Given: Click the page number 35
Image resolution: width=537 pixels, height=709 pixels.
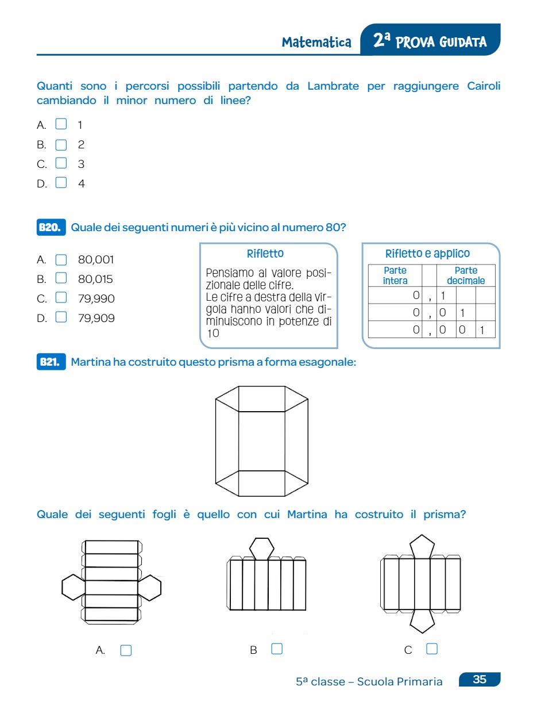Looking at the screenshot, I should click(x=480, y=680).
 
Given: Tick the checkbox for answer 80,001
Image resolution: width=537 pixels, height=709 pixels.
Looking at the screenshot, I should click(x=61, y=260).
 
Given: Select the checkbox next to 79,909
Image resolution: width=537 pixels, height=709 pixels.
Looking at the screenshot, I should click(x=61, y=317).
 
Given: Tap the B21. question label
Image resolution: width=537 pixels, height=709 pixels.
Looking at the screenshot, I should click(x=51, y=362).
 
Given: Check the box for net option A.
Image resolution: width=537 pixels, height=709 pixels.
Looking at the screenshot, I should click(x=126, y=650).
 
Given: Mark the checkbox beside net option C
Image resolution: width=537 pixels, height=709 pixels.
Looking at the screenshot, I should click(x=432, y=649).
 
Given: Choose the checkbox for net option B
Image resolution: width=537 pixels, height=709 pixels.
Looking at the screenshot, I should click(x=277, y=649).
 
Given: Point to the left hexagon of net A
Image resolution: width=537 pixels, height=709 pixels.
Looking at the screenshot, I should click(x=73, y=588).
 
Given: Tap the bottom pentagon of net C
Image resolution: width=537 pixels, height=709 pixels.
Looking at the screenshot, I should click(x=422, y=620).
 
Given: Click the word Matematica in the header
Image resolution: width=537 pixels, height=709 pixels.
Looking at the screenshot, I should click(x=316, y=43).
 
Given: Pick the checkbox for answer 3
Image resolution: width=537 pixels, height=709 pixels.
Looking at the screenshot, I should click(x=61, y=163).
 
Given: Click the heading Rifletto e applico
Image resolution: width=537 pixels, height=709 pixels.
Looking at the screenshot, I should click(x=427, y=254).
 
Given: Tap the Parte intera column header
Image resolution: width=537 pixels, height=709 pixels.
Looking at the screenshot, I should click(x=395, y=275).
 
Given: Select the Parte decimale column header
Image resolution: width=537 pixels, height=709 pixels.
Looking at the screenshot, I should click(x=466, y=275).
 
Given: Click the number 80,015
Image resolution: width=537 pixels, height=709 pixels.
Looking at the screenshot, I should click(x=96, y=279).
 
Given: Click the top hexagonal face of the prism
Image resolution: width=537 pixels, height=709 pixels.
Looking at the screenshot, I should click(x=262, y=398).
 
